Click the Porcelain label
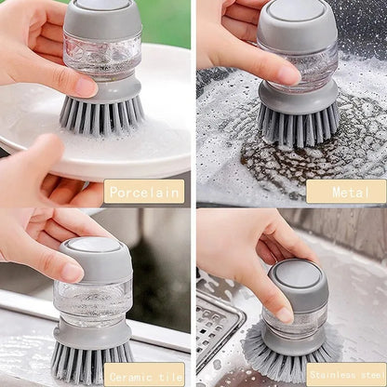click(x=143, y=193)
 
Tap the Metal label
click(x=346, y=193)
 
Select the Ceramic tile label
click(x=143, y=376)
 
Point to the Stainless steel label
click(x=346, y=376)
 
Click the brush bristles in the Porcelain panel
click(x=102, y=115)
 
